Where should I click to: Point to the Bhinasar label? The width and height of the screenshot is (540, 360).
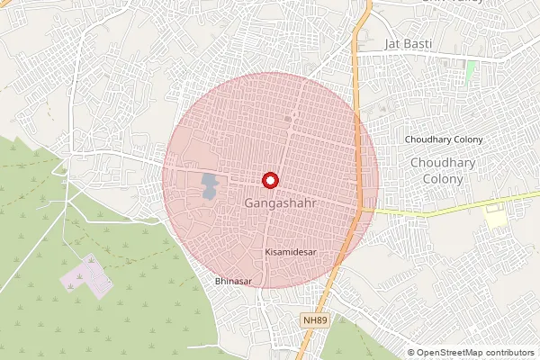click(x=233, y=282)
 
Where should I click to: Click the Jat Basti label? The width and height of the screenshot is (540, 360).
click(x=409, y=44)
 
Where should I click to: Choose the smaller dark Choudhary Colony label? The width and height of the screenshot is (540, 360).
click(x=444, y=139)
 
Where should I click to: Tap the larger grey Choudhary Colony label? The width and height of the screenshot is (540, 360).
click(x=436, y=170)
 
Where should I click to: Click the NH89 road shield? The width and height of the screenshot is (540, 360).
click(x=314, y=319)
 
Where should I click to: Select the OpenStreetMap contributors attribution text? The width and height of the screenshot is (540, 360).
click(x=475, y=353)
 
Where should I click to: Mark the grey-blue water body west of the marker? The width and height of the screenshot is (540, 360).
click(x=209, y=186)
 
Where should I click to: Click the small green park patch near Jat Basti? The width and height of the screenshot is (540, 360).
click(x=470, y=69)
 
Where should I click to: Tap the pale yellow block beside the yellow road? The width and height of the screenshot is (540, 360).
click(x=495, y=217)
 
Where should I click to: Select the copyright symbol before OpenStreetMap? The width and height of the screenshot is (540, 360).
click(x=411, y=353)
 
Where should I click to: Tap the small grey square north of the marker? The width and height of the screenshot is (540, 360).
click(x=288, y=118)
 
